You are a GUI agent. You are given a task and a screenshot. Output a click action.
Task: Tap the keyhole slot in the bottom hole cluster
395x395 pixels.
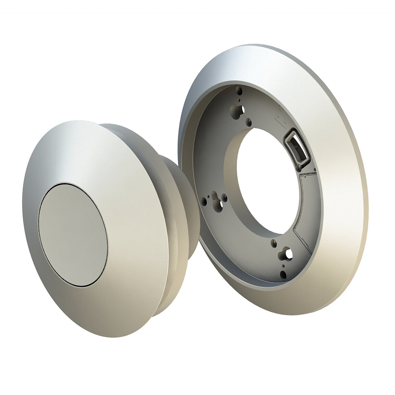coord(287,254)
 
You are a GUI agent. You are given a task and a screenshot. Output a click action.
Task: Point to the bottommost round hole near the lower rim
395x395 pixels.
coord(283,274)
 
